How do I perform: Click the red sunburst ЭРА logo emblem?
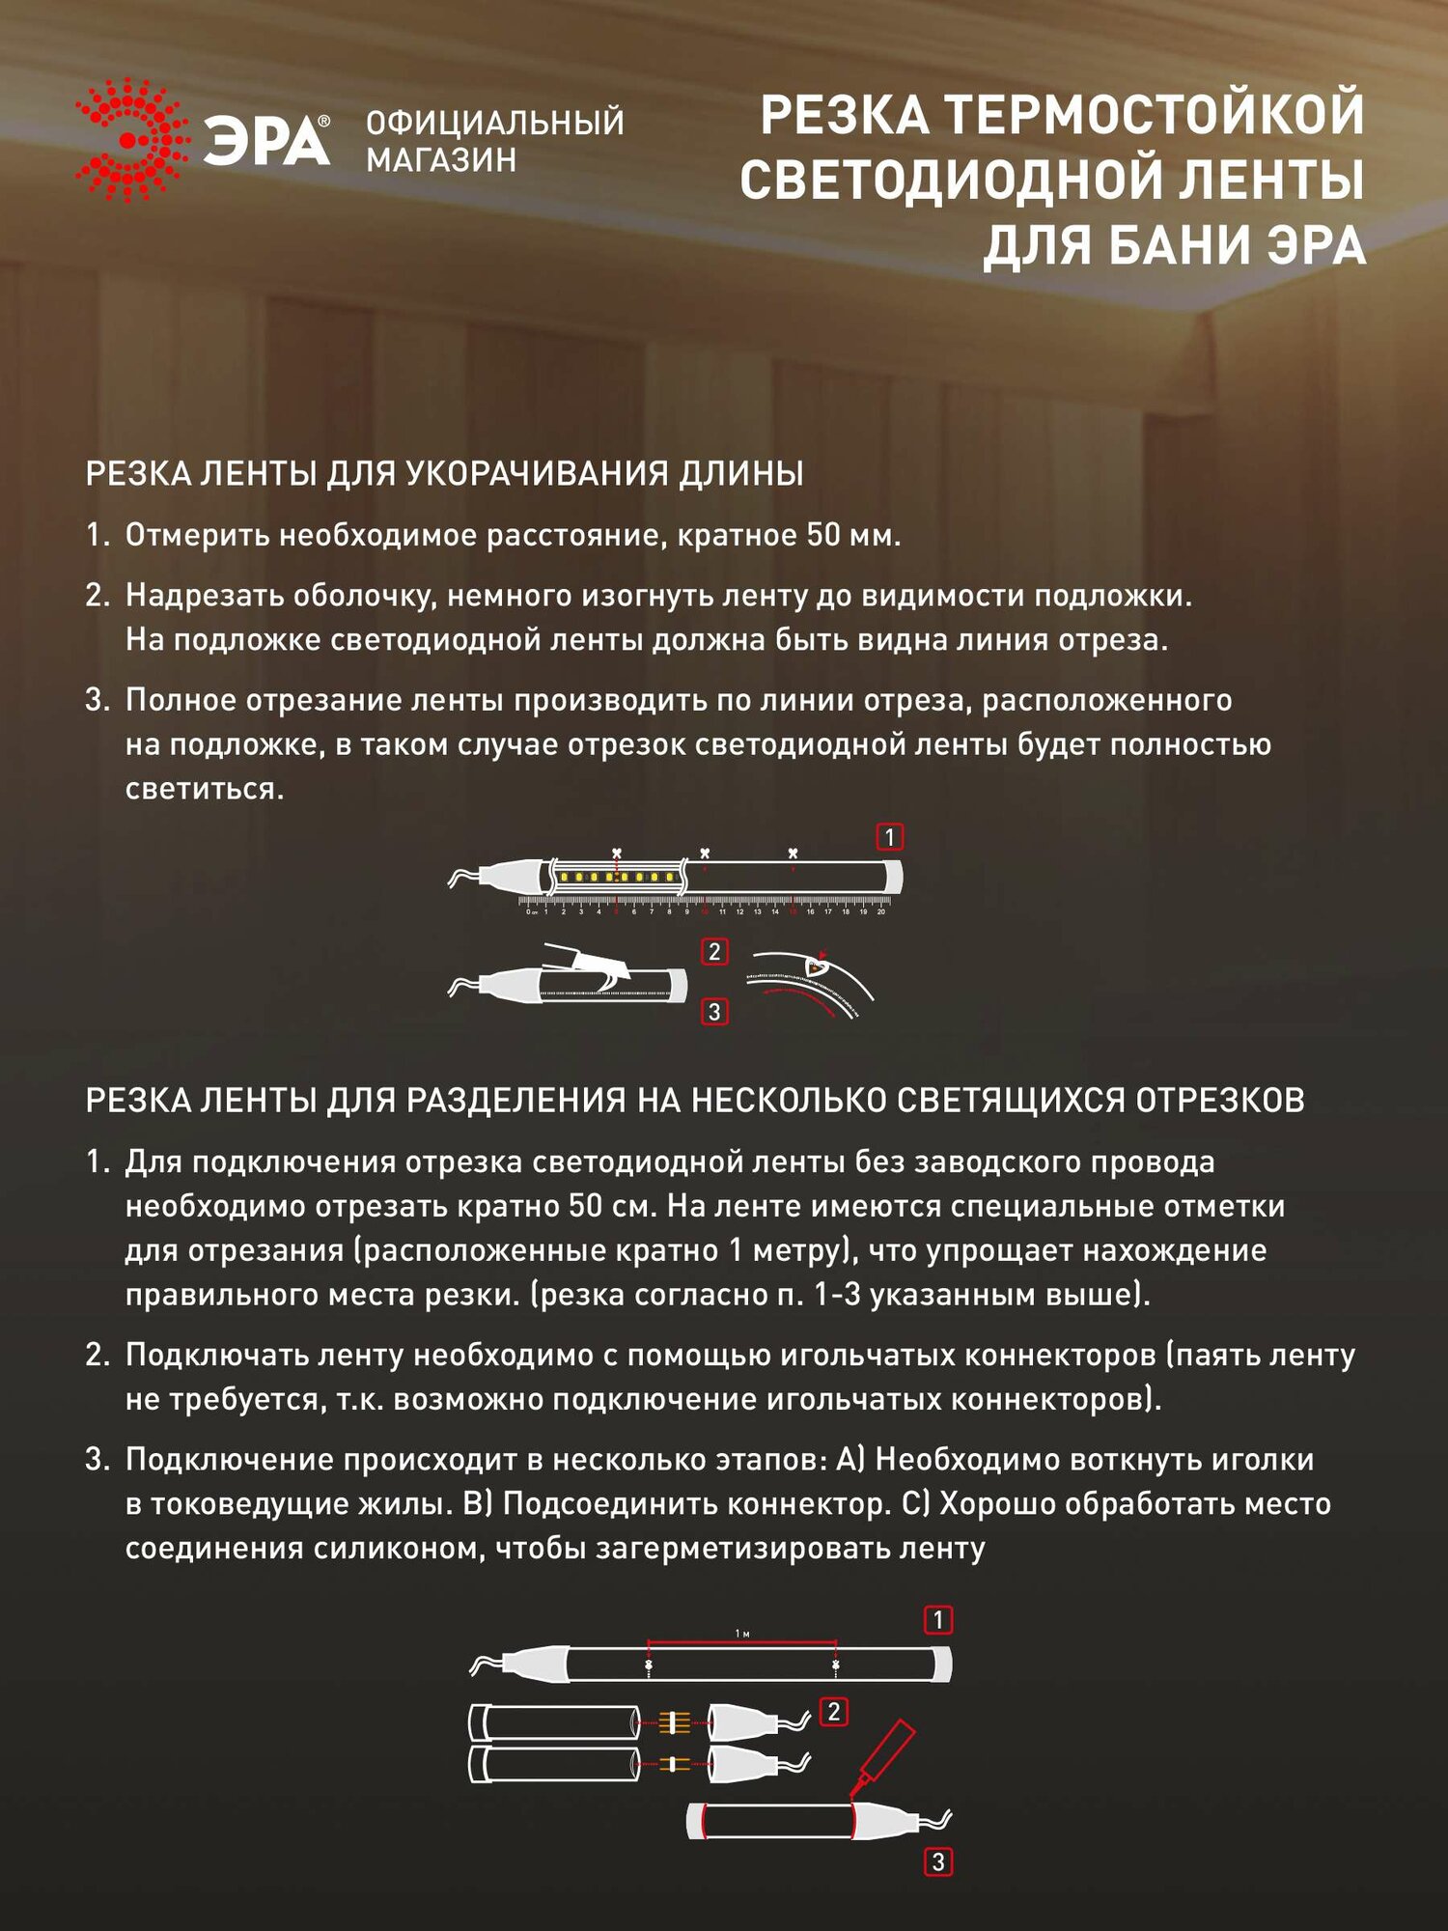[132, 141]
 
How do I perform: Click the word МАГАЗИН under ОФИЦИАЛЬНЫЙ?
[441, 159]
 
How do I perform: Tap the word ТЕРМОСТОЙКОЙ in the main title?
[1155, 115]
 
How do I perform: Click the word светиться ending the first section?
[205, 789]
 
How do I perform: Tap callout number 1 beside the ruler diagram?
[889, 836]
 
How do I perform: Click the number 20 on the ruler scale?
[880, 911]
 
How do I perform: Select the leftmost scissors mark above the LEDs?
[617, 854]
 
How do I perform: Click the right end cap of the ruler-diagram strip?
[894, 876]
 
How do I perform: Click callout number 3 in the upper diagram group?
[713, 1012]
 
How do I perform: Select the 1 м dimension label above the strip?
[741, 1634]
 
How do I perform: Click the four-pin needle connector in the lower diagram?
[674, 1721]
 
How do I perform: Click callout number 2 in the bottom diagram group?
[833, 1712]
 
